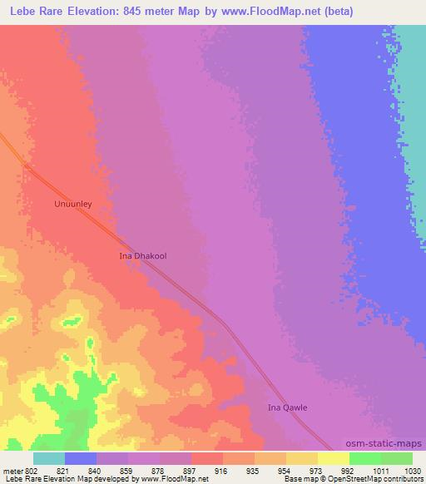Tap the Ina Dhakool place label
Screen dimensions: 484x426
(x=144, y=256)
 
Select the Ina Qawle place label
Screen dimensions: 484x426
(x=287, y=407)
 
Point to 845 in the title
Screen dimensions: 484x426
(x=155, y=12)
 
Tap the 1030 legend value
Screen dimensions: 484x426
(x=410, y=470)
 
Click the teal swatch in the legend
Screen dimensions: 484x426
(x=49, y=458)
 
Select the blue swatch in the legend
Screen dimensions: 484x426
(x=81, y=458)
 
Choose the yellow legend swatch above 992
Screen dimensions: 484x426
(x=333, y=458)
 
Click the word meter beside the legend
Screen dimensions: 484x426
(x=14, y=470)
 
